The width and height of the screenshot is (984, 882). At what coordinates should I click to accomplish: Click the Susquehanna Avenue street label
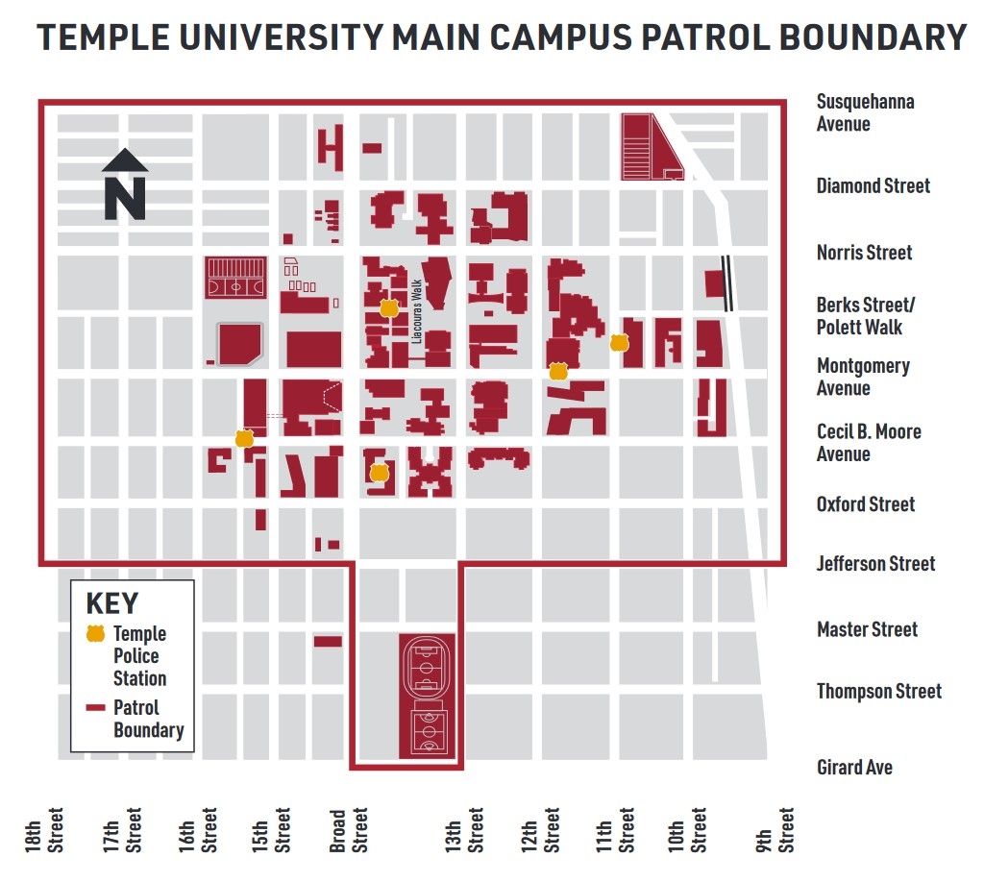[865, 112]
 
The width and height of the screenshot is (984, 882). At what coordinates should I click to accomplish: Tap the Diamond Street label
[873, 185]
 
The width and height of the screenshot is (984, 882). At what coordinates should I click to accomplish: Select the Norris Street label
[864, 253]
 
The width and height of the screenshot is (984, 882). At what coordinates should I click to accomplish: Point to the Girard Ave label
[854, 767]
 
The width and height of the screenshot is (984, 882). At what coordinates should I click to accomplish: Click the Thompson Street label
[878, 691]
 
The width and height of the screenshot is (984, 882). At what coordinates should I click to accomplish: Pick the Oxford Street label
[865, 504]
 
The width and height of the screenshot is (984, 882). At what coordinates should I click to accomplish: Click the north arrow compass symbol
[124, 184]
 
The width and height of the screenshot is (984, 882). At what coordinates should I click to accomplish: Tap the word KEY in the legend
[112, 603]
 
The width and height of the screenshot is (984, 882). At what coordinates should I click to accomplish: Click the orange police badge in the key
[95, 634]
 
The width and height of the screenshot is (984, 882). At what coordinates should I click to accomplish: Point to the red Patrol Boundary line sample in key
[95, 708]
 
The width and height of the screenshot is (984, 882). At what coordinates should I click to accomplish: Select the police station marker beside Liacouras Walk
[388, 308]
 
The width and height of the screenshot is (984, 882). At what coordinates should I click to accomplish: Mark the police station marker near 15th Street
[244, 439]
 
